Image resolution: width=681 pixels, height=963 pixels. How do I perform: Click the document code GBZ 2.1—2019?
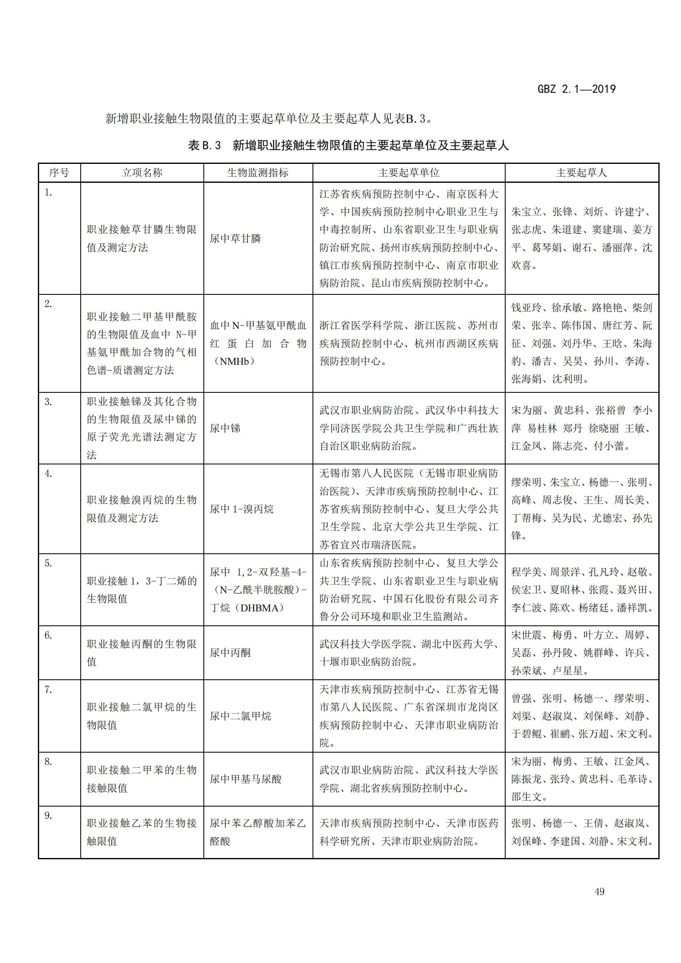click(576, 89)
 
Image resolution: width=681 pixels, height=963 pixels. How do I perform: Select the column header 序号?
click(59, 173)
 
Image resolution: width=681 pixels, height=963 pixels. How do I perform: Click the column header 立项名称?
click(142, 173)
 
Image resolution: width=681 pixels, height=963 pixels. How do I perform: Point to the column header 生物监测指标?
click(257, 173)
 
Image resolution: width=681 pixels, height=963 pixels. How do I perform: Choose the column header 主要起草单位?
click(408, 173)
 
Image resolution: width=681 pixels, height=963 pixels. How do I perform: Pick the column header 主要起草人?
click(581, 173)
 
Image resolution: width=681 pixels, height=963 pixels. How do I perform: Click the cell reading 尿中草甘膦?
click(235, 239)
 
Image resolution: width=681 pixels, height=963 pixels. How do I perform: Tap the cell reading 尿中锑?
click(225, 428)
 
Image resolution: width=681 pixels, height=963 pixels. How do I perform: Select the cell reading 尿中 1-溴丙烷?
click(242, 509)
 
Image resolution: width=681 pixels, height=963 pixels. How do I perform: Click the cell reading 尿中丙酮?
click(230, 653)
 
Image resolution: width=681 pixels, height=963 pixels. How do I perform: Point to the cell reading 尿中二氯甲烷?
click(240, 716)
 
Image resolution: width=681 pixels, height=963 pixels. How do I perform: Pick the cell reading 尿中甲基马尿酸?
click(245, 779)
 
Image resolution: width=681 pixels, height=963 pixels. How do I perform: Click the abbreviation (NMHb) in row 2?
click(234, 361)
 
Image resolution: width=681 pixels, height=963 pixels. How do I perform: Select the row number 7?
click(48, 690)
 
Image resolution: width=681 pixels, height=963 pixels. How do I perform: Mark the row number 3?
click(48, 402)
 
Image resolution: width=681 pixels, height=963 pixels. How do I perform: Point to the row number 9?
click(48, 815)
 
